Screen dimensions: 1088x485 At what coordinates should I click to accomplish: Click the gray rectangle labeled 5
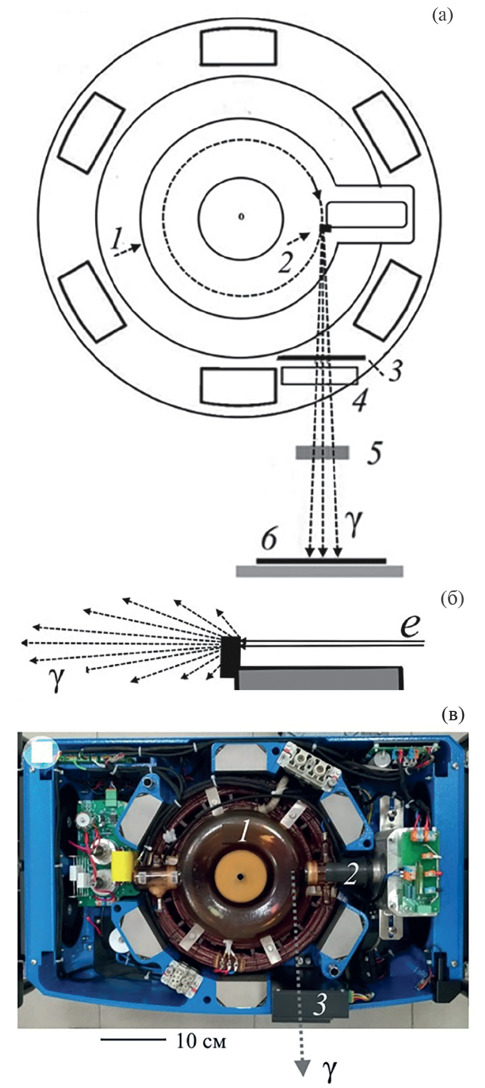coord(322,452)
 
